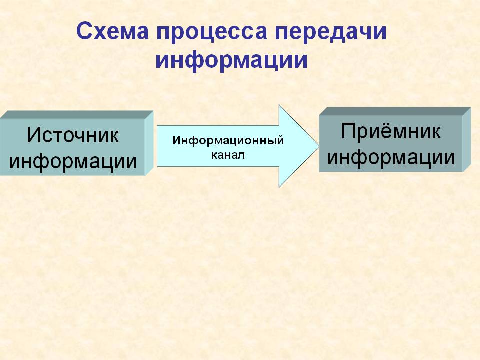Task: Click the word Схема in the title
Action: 112,31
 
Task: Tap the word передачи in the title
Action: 331,33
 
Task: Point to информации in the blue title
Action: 231,60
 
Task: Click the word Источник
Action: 73,135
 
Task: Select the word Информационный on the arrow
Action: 228,141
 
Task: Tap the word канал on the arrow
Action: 228,155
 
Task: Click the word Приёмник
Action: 391,131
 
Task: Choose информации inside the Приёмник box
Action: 391,158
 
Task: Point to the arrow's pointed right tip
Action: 319,146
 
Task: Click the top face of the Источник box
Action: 77,115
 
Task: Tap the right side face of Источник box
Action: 149,143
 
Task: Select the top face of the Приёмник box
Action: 395,111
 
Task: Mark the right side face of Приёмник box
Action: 467,139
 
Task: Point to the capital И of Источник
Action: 33,135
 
